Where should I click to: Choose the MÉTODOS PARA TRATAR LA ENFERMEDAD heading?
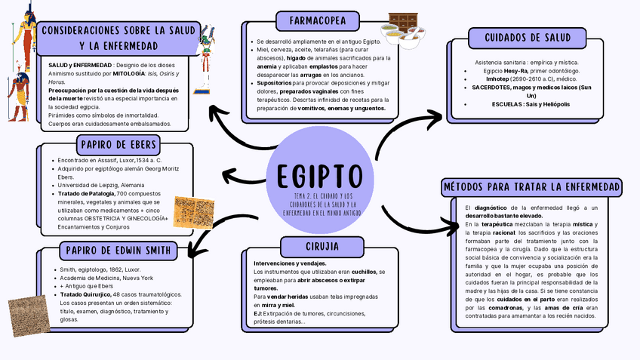(532, 186)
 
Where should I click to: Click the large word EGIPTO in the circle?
(319, 175)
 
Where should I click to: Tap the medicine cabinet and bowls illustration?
(400, 30)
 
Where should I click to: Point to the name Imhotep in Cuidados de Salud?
(498, 78)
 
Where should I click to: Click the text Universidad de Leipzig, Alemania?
(101, 185)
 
